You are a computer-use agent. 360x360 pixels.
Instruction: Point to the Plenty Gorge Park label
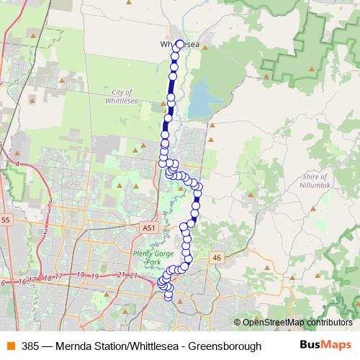pyautogui.click(x=150, y=258)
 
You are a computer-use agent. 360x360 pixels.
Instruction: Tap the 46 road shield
pyautogui.click(x=215, y=257)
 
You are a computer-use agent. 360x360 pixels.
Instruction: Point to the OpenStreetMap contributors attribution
pyautogui.click(x=297, y=323)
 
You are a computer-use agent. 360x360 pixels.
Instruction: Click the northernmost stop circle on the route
pyautogui.click(x=179, y=44)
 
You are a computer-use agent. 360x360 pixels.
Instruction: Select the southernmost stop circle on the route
pyautogui.click(x=169, y=295)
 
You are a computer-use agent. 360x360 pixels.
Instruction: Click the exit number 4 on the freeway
pyautogui.click(x=17, y=164)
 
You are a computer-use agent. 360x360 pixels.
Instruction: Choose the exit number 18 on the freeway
pyautogui.click(x=48, y=277)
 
